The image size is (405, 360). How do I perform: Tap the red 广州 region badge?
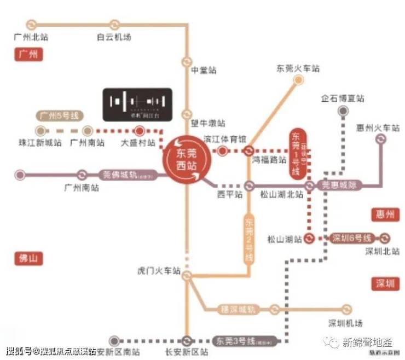pos(27,55)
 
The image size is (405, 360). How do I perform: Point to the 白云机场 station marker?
pos(114,25)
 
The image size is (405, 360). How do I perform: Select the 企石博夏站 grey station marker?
pos(343,111)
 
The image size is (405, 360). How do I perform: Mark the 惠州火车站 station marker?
pos(380,140)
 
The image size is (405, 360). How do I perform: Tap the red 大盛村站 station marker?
pos(140,131)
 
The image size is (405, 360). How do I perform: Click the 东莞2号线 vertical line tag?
pos(250,239)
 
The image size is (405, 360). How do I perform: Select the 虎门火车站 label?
pos(159,270)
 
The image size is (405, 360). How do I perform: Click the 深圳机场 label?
pos(345,323)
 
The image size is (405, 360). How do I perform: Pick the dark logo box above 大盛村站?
pos(137,103)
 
